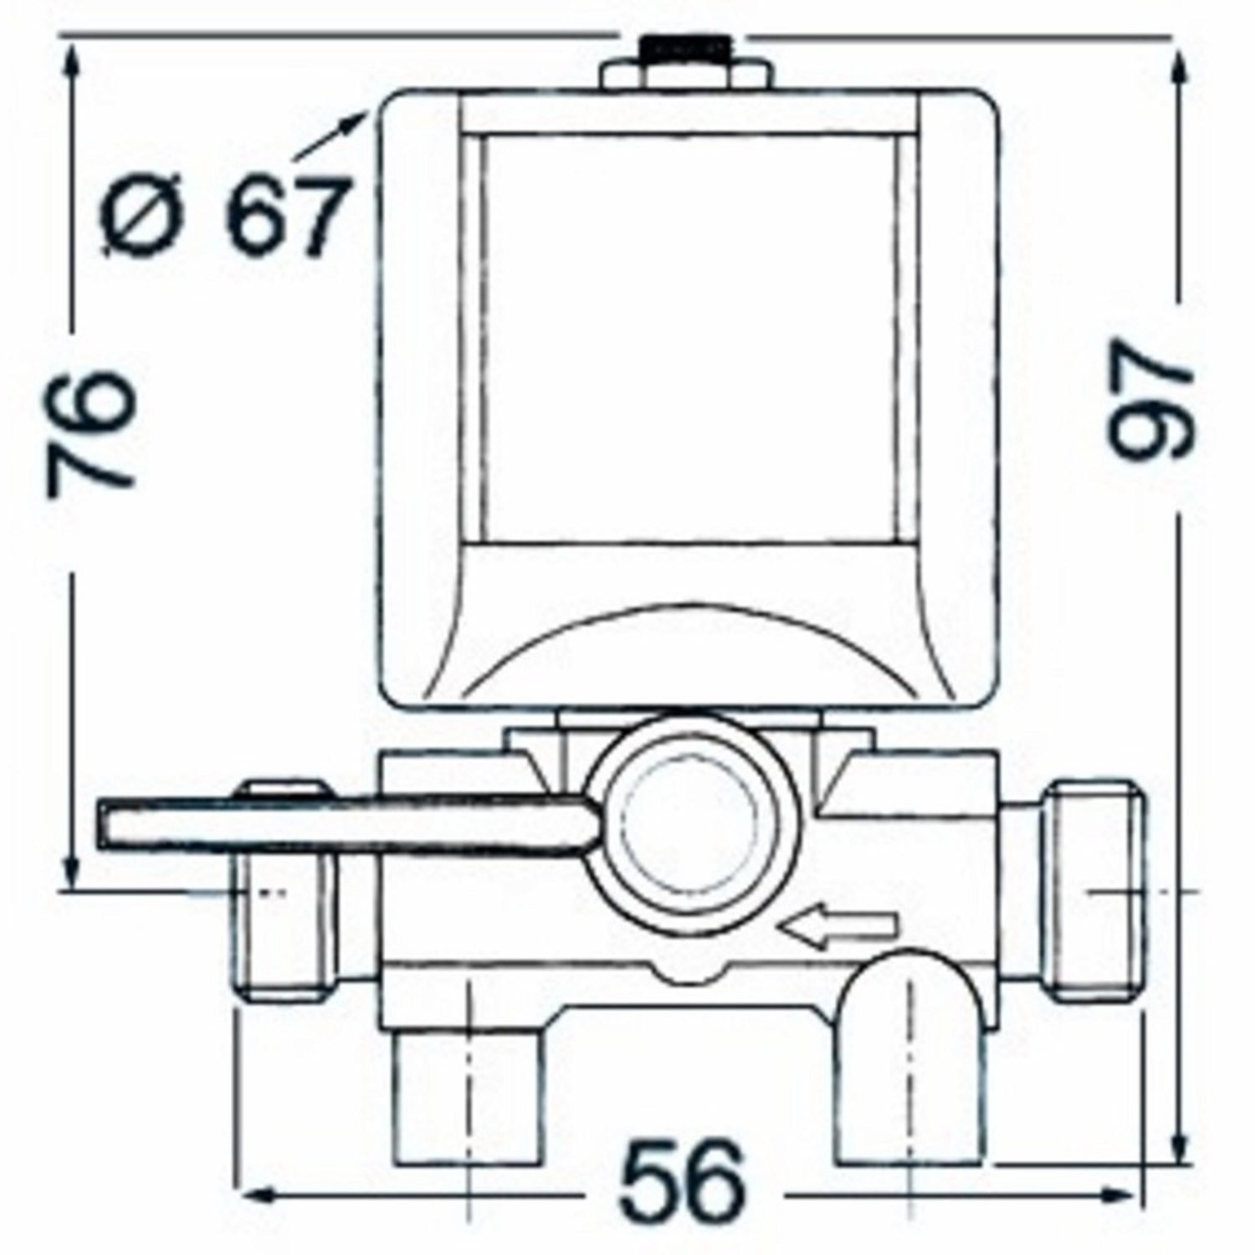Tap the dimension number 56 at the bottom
[681, 1181]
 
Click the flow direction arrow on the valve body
[838, 925]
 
